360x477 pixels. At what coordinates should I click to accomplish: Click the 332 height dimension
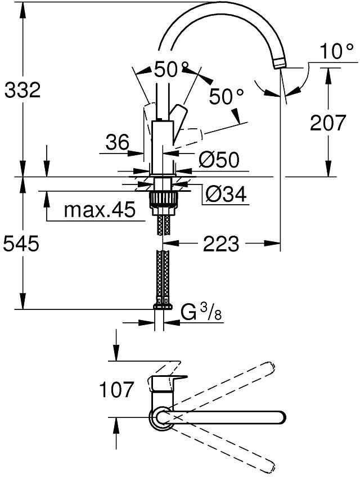[22, 90]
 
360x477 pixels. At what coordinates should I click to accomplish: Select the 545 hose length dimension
[21, 244]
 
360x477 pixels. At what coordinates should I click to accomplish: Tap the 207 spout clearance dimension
[328, 122]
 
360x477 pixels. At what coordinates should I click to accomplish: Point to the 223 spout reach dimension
[221, 244]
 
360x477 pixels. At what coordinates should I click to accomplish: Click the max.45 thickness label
[100, 210]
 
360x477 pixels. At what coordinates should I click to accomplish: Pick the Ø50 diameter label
[219, 159]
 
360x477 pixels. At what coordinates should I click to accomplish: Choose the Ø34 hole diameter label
[226, 193]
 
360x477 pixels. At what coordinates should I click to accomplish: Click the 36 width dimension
[118, 142]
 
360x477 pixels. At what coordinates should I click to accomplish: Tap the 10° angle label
[337, 51]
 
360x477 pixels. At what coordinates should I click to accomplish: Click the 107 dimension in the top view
[116, 389]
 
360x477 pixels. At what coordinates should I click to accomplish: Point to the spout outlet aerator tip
[280, 64]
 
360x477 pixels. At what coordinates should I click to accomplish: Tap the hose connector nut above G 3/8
[163, 307]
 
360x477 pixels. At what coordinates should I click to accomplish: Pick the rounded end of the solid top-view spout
[281, 417]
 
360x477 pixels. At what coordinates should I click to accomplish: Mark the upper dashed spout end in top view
[269, 367]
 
